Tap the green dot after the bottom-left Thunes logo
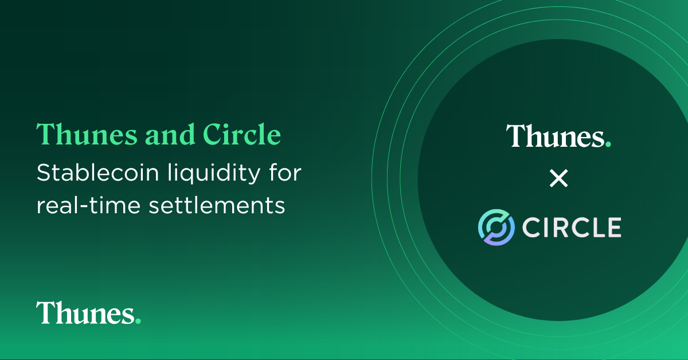point(138,322)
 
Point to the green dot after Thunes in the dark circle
point(608,145)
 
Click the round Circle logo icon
point(496,227)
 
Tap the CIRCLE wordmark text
point(572,228)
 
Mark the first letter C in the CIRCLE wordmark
point(531,228)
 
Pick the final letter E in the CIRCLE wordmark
point(613,228)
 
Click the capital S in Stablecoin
point(43,173)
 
